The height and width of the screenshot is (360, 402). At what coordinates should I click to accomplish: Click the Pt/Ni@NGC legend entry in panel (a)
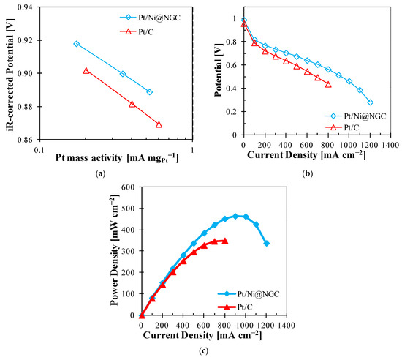pos(151,18)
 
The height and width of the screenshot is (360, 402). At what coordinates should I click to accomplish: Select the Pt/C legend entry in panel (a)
pos(137,31)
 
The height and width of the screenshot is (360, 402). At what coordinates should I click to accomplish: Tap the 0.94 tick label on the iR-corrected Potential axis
pos(26,7)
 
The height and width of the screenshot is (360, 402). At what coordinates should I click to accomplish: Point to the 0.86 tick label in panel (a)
pos(26,140)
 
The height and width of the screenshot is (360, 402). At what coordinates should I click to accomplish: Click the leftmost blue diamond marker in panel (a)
pos(77,44)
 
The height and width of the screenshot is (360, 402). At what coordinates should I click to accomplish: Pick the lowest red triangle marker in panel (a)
pos(159,124)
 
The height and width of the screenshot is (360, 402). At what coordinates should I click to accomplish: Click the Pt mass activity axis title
pos(117,158)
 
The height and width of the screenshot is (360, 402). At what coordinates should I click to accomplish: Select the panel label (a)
pos(100,174)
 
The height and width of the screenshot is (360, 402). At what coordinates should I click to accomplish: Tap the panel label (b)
pos(308,174)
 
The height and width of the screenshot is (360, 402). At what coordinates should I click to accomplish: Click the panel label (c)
pos(204,350)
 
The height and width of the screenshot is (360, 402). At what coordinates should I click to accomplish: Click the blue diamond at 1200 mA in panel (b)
pos(371,102)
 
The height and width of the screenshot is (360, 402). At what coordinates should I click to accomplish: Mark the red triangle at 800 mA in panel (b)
pos(328,85)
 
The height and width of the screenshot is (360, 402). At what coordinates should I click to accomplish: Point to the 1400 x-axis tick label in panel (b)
pos(390,145)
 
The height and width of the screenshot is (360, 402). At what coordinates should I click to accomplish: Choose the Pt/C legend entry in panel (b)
pos(342,127)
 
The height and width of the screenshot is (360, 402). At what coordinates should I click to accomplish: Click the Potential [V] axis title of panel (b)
pos(219,77)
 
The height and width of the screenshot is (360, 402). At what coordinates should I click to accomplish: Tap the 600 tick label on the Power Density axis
pos(129,187)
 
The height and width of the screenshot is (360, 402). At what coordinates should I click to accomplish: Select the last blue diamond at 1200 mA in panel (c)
pos(267,243)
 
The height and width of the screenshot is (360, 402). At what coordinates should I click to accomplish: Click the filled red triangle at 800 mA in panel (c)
pos(225,241)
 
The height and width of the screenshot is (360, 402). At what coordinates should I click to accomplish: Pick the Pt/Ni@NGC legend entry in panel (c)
pos(249,294)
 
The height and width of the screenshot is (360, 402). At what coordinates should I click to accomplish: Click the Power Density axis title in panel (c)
pos(115,250)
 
